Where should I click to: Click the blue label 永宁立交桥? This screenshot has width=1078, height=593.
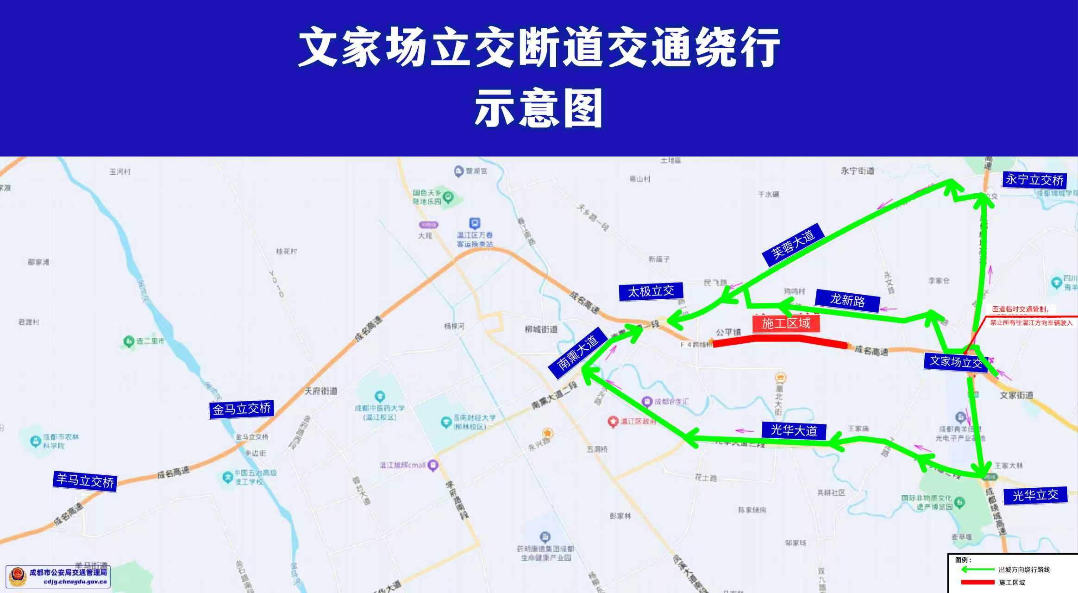[x=1034, y=180]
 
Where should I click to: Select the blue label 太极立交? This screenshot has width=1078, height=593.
[x=651, y=291]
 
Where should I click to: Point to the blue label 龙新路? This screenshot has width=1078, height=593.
[x=847, y=300]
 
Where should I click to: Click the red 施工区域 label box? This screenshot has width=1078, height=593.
[x=786, y=323]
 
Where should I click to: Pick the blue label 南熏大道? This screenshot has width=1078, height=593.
[x=577, y=353]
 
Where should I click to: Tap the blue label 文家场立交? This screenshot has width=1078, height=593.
[x=955, y=361]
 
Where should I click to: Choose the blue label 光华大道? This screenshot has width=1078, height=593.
[x=794, y=430]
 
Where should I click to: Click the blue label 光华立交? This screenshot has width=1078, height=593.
[x=1035, y=495]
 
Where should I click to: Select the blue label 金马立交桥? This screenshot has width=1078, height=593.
[x=241, y=409]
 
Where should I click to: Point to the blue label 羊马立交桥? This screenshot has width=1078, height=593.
[x=85, y=481]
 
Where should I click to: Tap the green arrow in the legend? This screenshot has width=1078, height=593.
[x=977, y=569]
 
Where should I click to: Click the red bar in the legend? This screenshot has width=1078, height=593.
[x=978, y=582]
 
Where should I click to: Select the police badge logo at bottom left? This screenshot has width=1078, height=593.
[x=18, y=576]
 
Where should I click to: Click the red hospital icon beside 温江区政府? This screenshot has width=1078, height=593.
[x=613, y=421]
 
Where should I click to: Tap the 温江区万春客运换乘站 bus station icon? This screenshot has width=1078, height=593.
[x=475, y=223]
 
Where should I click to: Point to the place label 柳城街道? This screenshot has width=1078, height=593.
[x=541, y=329]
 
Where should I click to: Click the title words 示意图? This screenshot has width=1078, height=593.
[x=538, y=107]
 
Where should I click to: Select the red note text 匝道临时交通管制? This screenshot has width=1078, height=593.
[x=1020, y=309]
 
